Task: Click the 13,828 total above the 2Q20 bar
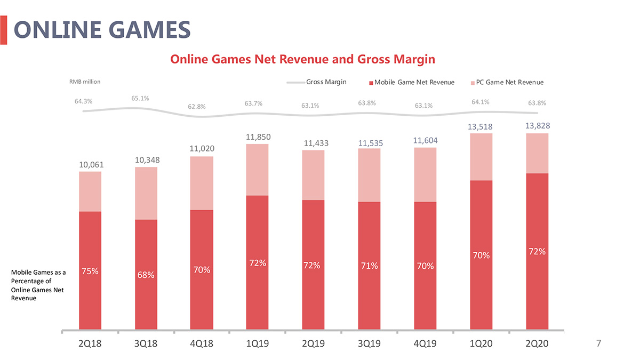tap(537, 126)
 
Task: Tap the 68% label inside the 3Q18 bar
tap(147, 275)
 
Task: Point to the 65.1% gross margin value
tap(140, 98)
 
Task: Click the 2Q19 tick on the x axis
tap(313, 344)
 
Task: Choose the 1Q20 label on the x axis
tap(481, 344)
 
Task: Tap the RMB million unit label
tap(85, 82)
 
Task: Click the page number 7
tap(598, 344)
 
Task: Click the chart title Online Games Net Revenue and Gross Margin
tap(302, 59)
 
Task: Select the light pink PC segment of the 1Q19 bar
tap(257, 170)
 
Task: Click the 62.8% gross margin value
tap(197, 107)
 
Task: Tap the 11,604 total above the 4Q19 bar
tap(425, 140)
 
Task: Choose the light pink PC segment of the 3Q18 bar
tap(147, 193)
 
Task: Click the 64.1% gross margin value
tap(481, 102)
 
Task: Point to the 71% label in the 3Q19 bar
tap(369, 266)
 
